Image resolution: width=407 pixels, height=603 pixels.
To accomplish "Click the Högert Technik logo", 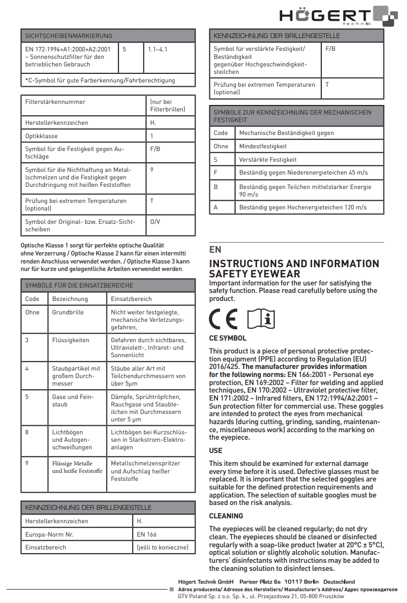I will [338, 16].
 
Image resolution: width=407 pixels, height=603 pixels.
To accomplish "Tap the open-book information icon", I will [261, 320].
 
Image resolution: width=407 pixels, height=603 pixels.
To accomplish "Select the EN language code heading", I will [215, 250].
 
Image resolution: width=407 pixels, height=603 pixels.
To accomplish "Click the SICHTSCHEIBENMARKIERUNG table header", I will [69, 36].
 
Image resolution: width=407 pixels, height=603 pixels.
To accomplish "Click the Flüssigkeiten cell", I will [71, 340].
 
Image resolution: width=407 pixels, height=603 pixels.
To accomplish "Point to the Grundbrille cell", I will [68, 312].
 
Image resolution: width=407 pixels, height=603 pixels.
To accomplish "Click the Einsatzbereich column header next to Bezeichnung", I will [131, 299].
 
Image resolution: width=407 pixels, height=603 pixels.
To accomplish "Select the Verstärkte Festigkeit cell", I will [268, 160].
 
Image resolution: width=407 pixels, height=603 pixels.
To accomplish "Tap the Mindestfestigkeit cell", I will [263, 146].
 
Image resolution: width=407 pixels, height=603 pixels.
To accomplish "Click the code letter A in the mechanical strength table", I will [216, 207].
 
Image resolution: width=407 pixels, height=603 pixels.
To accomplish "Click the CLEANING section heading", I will [226, 516].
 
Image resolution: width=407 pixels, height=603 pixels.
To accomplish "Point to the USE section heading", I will [215, 450].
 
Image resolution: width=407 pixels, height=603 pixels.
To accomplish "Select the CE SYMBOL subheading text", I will [228, 338].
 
